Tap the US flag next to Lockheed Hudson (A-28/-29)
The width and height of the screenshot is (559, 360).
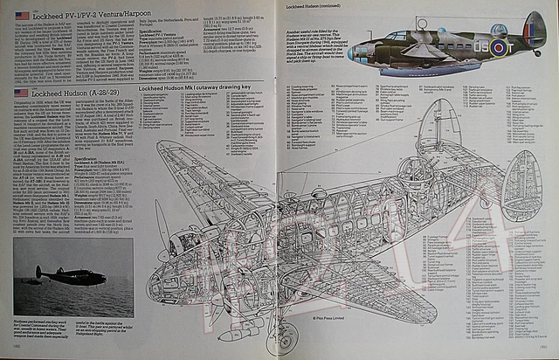click(x=20, y=91)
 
